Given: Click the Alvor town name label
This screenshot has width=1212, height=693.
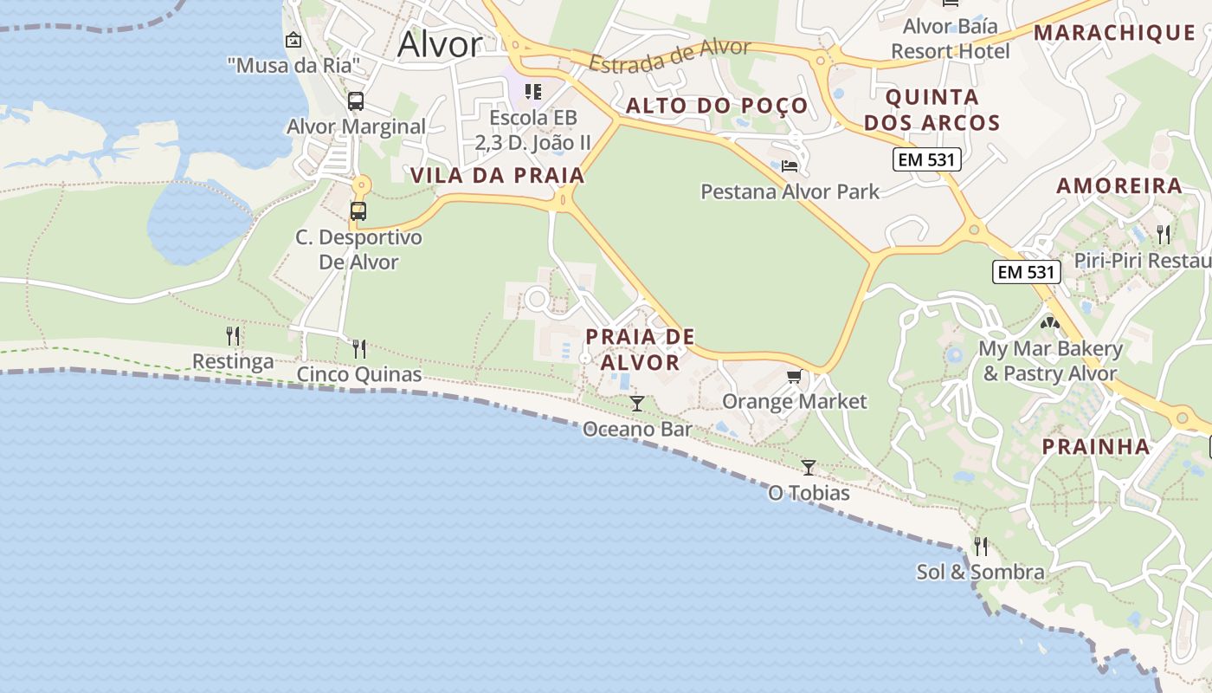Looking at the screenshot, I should pyautogui.click(x=439, y=44).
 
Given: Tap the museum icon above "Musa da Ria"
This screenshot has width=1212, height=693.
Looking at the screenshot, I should pyautogui.click(x=293, y=40).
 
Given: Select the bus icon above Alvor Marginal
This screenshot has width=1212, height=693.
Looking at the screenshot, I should pyautogui.click(x=356, y=101).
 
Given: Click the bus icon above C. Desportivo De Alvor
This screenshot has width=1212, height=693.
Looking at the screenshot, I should pyautogui.click(x=358, y=210).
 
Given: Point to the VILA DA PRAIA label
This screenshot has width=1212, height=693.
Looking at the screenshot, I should pyautogui.click(x=498, y=176).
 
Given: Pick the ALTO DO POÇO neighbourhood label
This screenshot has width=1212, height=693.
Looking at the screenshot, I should pyautogui.click(x=717, y=107).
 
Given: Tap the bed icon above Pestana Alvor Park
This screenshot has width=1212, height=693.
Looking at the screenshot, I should pyautogui.click(x=790, y=165).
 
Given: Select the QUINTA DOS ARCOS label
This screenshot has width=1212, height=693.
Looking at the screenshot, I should pyautogui.click(x=932, y=110).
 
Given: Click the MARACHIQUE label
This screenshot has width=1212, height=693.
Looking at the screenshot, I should pyautogui.click(x=1115, y=33).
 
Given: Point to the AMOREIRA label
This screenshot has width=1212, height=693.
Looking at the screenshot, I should pyautogui.click(x=1119, y=186).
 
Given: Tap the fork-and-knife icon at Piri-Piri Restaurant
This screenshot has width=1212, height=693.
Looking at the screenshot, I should pyautogui.click(x=1164, y=234).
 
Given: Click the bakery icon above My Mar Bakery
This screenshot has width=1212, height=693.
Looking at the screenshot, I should pyautogui.click(x=1050, y=323).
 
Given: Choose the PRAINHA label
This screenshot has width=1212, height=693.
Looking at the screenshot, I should pyautogui.click(x=1096, y=447).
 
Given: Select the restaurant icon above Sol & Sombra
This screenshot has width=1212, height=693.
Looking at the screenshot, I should pyautogui.click(x=981, y=546).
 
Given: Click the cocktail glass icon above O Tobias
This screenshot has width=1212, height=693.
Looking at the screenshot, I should pyautogui.click(x=809, y=468).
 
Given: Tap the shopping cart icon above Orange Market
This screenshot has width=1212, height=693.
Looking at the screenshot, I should pyautogui.click(x=794, y=376).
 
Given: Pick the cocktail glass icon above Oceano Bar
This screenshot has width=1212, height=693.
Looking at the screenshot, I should pyautogui.click(x=637, y=404).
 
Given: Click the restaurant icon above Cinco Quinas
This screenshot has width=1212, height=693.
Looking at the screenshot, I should pyautogui.click(x=359, y=349).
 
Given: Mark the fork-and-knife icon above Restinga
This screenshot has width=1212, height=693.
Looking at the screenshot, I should pyautogui.click(x=233, y=335).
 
